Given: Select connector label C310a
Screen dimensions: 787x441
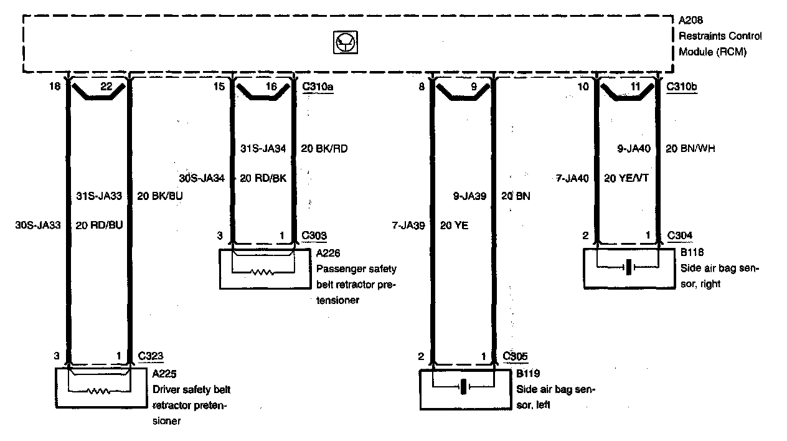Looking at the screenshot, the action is tap(317, 87).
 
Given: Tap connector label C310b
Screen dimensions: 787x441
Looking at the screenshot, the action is tap(682, 87).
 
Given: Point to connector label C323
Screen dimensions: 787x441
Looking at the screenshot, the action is tap(150, 356).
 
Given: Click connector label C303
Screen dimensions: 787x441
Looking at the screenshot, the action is tap(314, 236).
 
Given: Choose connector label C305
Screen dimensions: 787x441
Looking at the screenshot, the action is tap(516, 356).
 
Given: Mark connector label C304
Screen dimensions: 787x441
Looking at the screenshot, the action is tap(679, 235).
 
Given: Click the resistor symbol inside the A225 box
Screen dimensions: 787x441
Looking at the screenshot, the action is tap(100, 392).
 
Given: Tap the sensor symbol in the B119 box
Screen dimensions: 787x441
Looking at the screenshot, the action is tap(463, 387).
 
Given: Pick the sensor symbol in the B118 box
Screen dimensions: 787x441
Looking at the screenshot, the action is tap(629, 267).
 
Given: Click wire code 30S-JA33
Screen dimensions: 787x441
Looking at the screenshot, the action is tap(38, 225).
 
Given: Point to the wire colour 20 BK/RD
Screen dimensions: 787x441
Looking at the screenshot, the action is tap(323, 148).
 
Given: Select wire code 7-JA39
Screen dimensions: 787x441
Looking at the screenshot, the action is tap(409, 225).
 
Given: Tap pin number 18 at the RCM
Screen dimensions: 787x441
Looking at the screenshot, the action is tap(56, 87).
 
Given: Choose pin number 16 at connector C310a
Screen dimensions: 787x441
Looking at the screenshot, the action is tap(271, 87).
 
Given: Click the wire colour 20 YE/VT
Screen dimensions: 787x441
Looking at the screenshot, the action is tap(626, 178).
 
